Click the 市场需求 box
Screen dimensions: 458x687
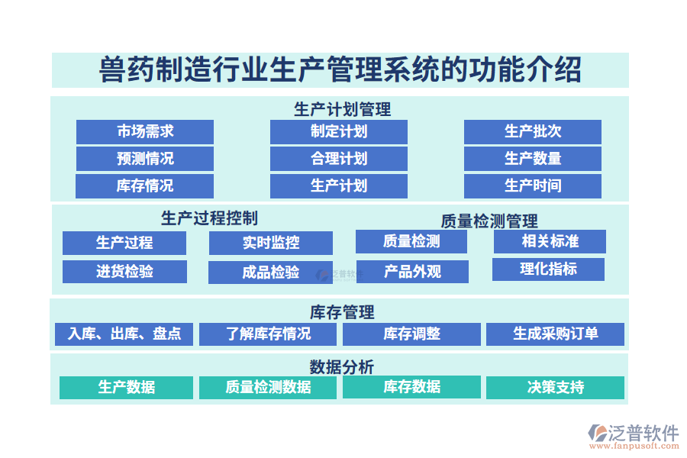144,131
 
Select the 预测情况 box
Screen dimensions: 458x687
144,159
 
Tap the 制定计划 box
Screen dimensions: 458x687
338,131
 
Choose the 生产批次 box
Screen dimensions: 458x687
532,131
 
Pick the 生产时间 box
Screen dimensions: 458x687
532,185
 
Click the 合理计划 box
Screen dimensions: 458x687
338,159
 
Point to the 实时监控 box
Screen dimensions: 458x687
270,243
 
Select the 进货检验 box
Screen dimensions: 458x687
124,271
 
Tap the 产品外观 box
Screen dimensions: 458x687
411,271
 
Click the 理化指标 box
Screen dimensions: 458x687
548,269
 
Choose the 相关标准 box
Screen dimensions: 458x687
550,241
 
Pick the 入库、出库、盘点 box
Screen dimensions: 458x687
124,334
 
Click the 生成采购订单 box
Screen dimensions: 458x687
555,334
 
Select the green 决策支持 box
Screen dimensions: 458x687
555,387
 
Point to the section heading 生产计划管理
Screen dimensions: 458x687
342,109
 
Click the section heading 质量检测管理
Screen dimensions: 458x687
489,221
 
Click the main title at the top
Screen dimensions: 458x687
340,70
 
